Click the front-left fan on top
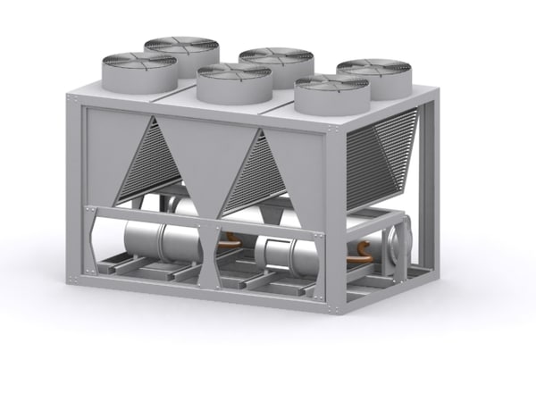(137, 70)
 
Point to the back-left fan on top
(181, 51)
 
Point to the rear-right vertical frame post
(430, 179)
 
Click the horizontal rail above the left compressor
(147, 214)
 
